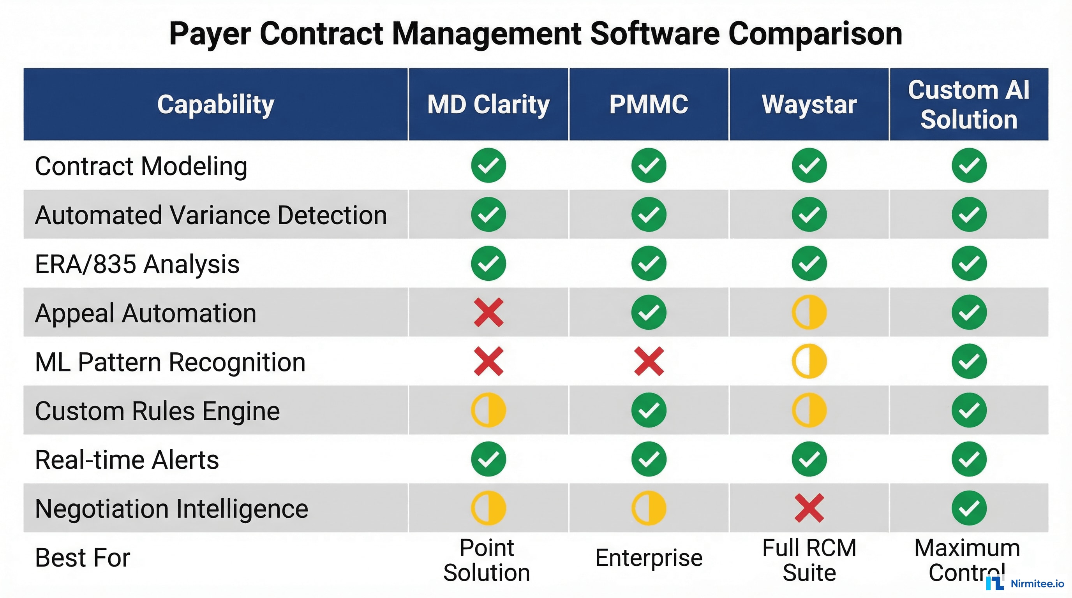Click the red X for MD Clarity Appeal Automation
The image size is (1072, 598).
488,312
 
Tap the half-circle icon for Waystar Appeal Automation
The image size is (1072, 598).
809,312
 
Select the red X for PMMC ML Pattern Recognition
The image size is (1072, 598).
649,361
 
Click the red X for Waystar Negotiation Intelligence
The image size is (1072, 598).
809,508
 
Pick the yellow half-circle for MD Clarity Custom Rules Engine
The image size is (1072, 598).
488,410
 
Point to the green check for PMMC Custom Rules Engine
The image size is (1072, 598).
649,410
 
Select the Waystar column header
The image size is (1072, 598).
809,104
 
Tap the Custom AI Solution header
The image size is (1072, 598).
969,105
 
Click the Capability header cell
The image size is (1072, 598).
215,104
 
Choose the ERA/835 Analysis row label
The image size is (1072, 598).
138,264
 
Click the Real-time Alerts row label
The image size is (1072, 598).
127,459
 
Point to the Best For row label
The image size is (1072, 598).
83,558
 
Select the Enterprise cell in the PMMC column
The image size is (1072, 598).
649,558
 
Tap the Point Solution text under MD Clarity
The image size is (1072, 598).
487,560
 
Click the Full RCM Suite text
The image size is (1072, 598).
809,560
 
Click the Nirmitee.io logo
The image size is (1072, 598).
1024,583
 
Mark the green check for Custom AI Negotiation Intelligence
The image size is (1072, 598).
969,508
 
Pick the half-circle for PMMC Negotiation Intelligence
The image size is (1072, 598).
649,508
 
